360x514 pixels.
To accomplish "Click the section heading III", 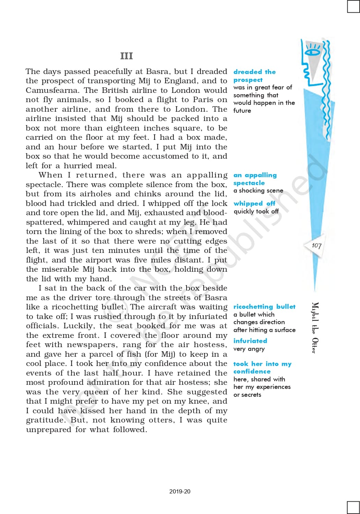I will tap(127, 56).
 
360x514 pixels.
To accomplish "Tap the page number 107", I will tap(316, 245).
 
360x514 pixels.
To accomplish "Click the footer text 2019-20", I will tap(180, 491).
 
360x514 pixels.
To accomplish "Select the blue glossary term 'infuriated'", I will tap(250, 341).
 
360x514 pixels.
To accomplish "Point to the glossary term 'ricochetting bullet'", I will tap(264, 306).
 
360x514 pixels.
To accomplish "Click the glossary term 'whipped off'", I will tap(254, 203).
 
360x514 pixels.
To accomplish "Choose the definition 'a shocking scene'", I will tap(258, 191).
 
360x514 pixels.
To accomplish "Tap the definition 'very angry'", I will tap(249, 349).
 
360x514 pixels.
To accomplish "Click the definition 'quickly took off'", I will tap(256, 211).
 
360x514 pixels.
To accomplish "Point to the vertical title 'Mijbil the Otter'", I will tap(315, 328).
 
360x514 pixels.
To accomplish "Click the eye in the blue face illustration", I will tap(312, 52).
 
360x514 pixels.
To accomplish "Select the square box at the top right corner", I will tap(353, 6).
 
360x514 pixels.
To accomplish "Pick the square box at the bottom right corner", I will tap(353, 507).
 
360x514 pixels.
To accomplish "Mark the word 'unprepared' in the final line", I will tap(49, 430).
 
